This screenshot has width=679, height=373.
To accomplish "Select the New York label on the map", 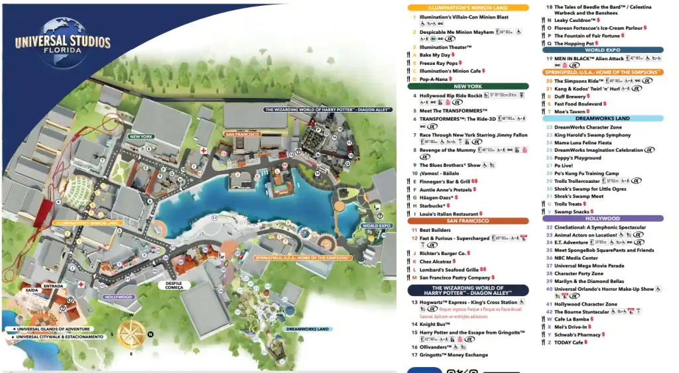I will pyautogui.click(x=141, y=136).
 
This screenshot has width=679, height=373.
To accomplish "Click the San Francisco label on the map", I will pyautogui.click(x=240, y=134).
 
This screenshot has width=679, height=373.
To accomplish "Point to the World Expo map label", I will pyautogui.click(x=376, y=226).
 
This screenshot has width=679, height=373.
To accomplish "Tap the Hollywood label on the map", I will pyautogui.click(x=119, y=297).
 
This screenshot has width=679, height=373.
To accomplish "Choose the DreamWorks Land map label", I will pyautogui.click(x=308, y=329).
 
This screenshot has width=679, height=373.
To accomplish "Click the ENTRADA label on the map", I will pyautogui.click(x=53, y=286).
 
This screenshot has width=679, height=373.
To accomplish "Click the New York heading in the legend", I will pyautogui.click(x=467, y=86).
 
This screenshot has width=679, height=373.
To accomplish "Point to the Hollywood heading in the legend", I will pyautogui.click(x=602, y=218).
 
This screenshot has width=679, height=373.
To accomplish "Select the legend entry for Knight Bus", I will pyautogui.click(x=435, y=324).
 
